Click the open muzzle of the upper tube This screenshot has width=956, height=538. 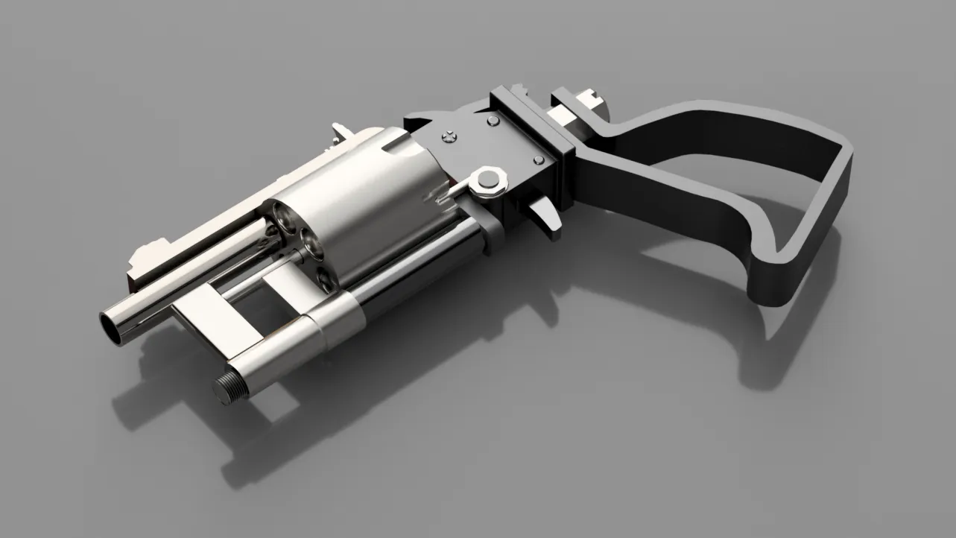coord(113,327)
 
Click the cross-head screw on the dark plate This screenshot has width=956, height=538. coord(449,136)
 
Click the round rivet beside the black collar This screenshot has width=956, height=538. coord(493,119)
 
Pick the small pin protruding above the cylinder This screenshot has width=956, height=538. coord(340,130)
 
